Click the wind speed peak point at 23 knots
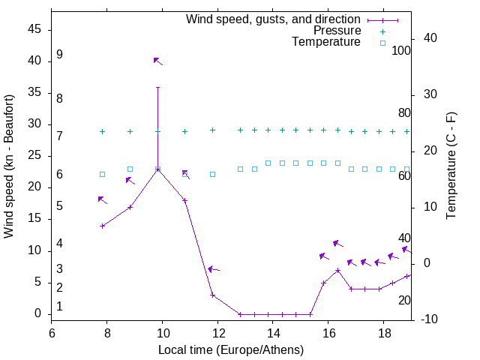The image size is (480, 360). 157,169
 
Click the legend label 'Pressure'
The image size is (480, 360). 337,31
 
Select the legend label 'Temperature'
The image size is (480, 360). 326,42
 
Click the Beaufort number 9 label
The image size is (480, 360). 59,55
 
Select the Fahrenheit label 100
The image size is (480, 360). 401,50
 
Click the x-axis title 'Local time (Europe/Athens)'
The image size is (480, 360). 231,349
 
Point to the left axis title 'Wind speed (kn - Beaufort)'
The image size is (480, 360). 10,166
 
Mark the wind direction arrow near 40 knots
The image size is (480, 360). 157,61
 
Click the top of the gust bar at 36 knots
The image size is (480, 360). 157,87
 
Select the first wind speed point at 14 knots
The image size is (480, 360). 103,226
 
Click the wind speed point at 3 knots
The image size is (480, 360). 213,295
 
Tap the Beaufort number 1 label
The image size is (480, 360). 59,306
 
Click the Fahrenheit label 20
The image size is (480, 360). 404,300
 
